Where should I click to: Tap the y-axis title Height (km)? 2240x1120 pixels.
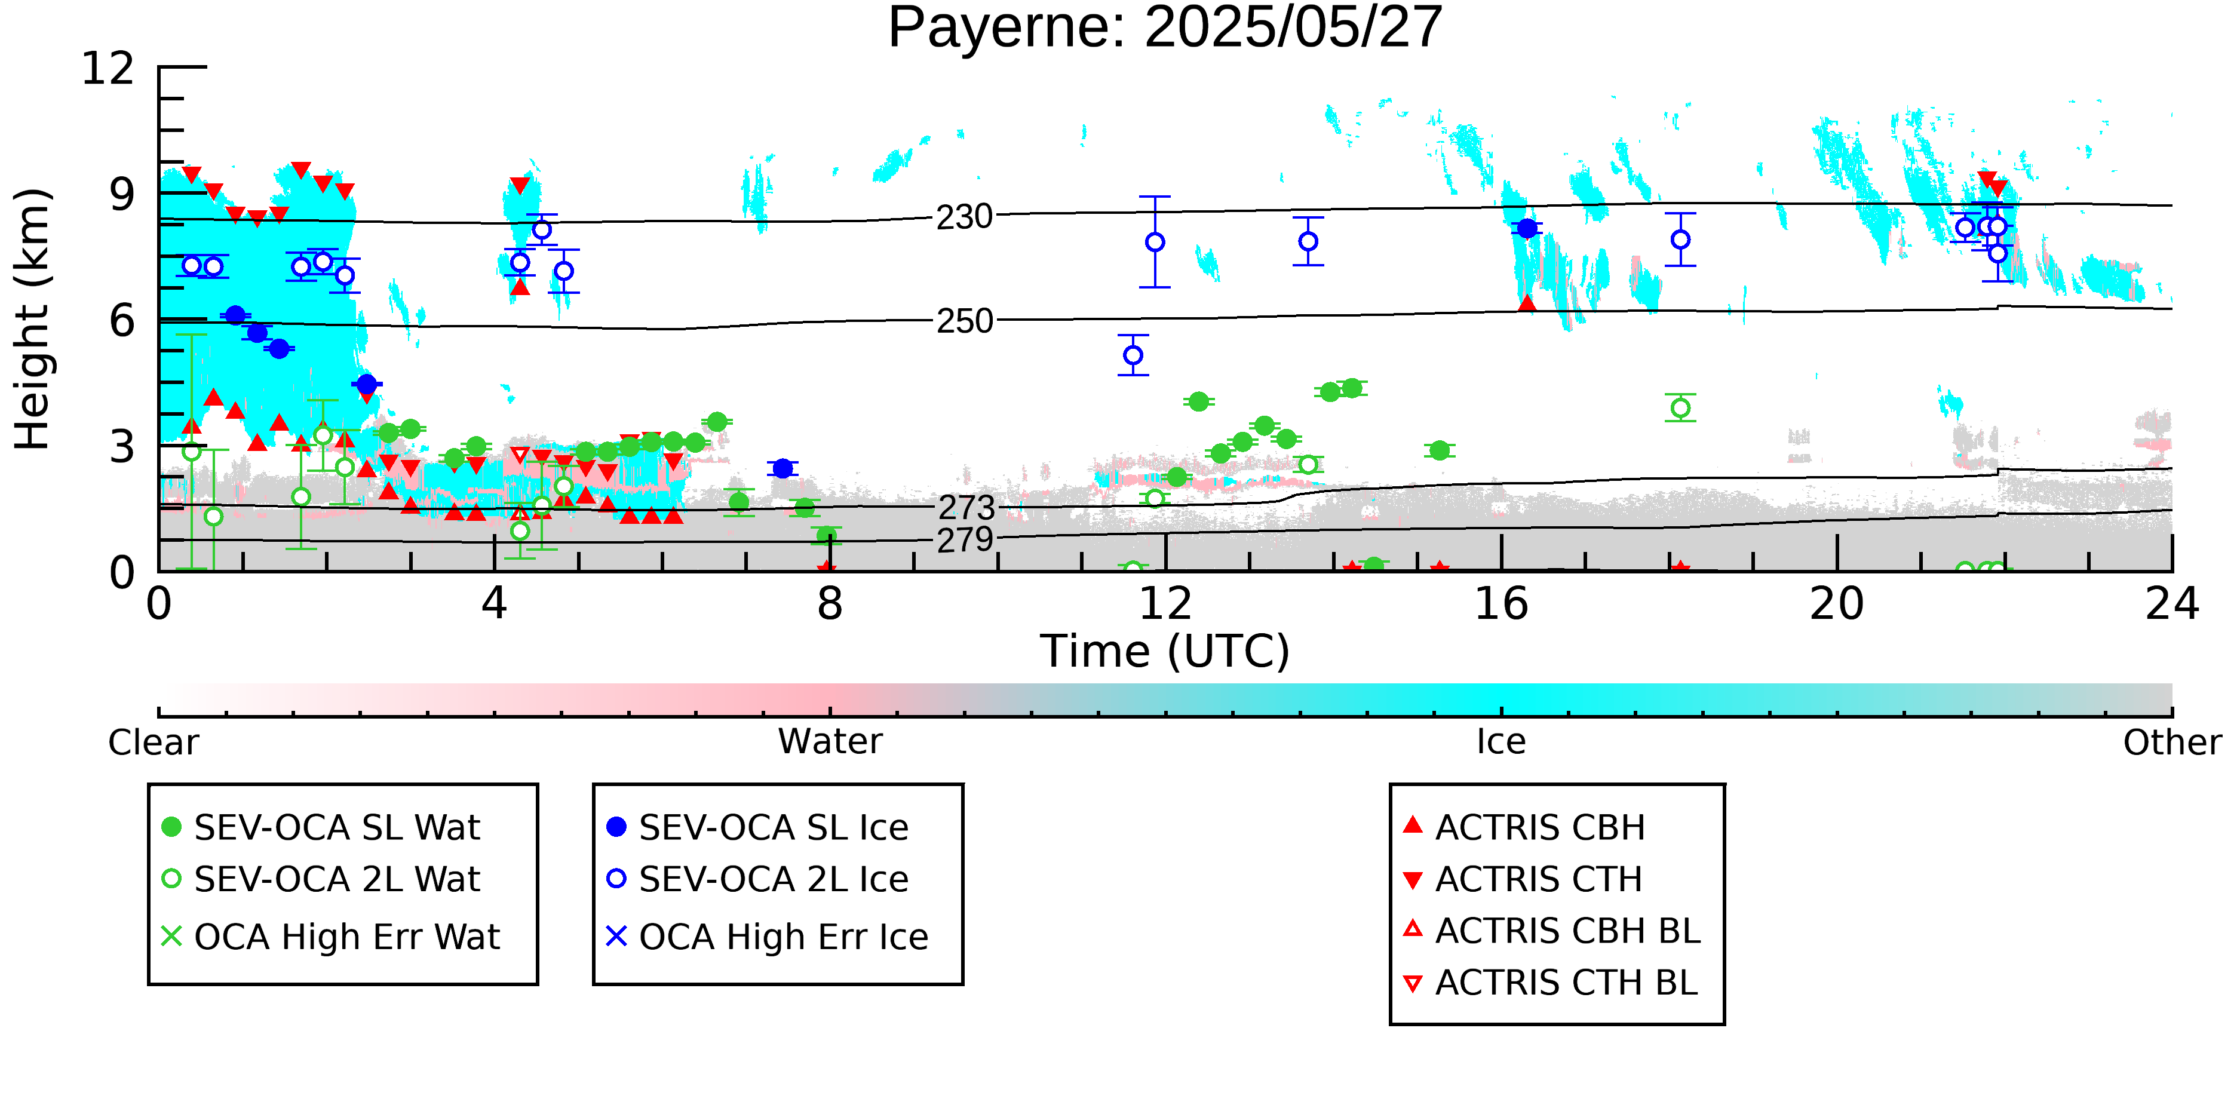point(32,319)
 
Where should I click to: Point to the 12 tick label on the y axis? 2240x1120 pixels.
point(108,68)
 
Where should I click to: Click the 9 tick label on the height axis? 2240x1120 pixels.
point(122,195)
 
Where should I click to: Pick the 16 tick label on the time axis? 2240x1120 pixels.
point(1501,603)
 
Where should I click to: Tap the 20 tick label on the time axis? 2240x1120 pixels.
point(1837,603)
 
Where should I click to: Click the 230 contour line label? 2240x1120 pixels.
point(964,216)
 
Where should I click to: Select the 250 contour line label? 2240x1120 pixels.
point(964,321)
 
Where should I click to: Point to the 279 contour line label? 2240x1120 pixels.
point(964,540)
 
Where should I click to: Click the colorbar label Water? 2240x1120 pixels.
point(830,742)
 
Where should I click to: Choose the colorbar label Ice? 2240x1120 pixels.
point(1501,742)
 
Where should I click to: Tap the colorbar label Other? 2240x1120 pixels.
point(2172,742)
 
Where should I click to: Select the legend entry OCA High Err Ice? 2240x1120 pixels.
point(767,937)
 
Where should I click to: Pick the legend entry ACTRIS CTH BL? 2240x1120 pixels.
point(1551,983)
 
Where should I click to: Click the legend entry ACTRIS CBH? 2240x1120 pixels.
point(1524,827)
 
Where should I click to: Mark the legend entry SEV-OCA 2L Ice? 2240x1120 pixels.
point(757,879)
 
